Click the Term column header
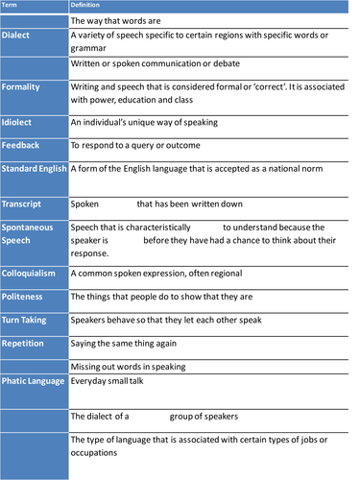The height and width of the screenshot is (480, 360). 10,6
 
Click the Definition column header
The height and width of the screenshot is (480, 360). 86,6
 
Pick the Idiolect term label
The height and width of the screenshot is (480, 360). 19,122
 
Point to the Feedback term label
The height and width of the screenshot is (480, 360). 21,145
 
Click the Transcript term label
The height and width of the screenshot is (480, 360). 24,204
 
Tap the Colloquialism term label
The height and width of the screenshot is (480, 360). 31,273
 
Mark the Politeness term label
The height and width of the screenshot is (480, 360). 23,297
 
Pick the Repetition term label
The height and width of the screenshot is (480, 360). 23,343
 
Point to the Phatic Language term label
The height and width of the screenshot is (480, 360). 34,380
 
